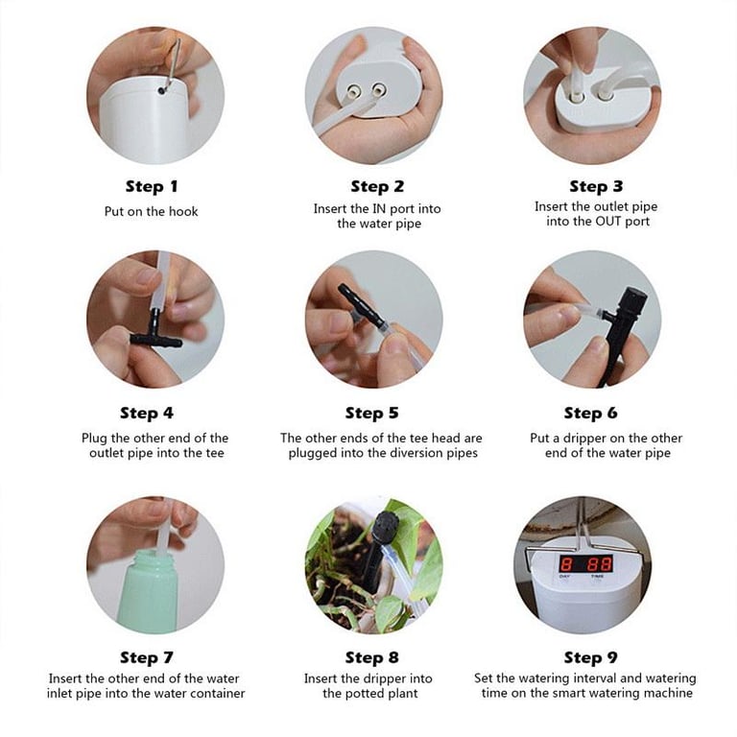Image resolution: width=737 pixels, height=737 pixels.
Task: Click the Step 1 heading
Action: pyautogui.click(x=152, y=186)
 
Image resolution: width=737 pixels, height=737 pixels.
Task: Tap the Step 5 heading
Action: pyautogui.click(x=371, y=414)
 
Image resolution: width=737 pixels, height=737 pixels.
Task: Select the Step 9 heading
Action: pyautogui.click(x=590, y=657)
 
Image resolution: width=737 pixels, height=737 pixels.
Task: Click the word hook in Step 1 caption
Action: pyautogui.click(x=183, y=211)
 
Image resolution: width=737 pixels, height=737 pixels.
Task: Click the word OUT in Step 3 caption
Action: pyautogui.click(x=608, y=222)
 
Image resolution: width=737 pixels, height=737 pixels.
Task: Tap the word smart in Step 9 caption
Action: pyautogui.click(x=573, y=693)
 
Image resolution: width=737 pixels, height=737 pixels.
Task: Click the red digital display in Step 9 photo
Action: pyautogui.click(x=585, y=563)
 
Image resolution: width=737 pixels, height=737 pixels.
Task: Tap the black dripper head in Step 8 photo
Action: pyautogui.click(x=386, y=525)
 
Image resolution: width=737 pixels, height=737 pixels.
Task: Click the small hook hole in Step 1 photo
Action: pyautogui.click(x=162, y=89)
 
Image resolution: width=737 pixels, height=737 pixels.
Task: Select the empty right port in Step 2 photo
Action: pyautogui.click(x=379, y=88)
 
